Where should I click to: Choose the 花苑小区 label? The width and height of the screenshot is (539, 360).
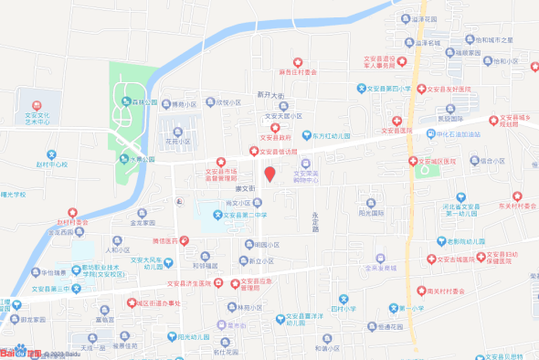[x=178, y=142]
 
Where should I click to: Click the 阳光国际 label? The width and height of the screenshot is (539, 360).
[x=371, y=213]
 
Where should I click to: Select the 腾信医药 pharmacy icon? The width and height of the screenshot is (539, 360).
[x=185, y=240]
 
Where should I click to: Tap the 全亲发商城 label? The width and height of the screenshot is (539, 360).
[x=379, y=268]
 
